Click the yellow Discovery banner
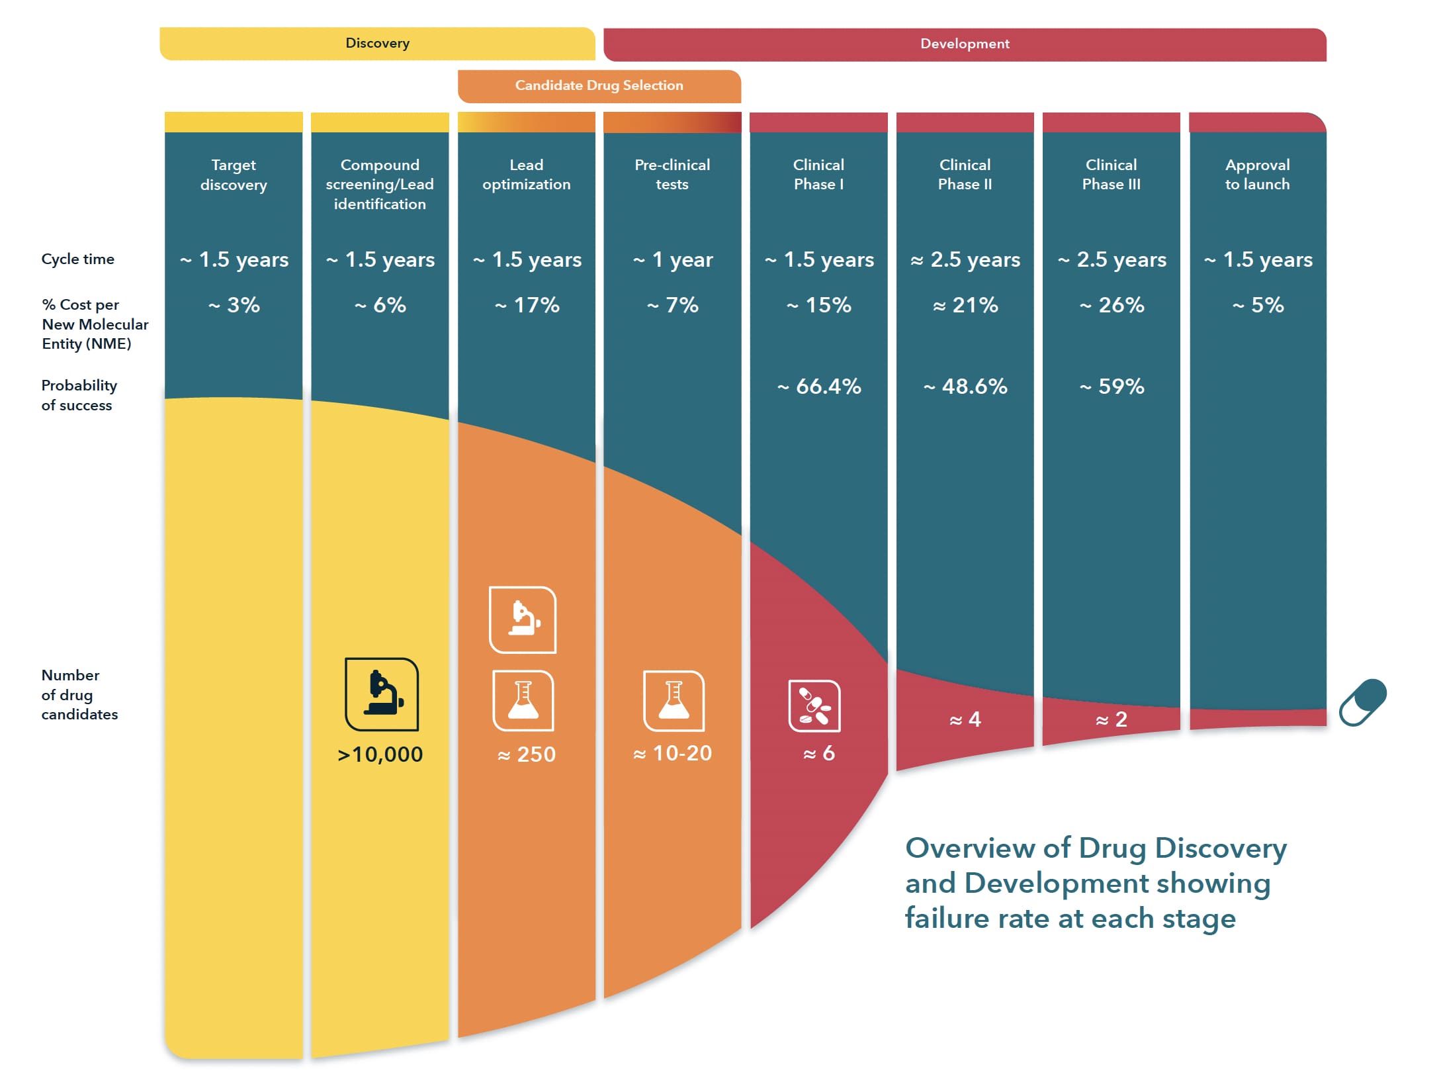point(377,44)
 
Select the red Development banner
point(964,44)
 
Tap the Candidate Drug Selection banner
point(599,86)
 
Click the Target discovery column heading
point(234,175)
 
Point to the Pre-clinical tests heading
point(672,175)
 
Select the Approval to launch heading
point(1257,175)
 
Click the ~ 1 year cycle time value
point(673,259)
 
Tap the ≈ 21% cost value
point(965,305)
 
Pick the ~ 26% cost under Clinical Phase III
point(1112,305)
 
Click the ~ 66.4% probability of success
point(819,387)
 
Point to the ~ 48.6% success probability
point(965,387)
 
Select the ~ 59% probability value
point(1112,387)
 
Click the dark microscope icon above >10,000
point(382,694)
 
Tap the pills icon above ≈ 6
point(814,706)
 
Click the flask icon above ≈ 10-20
point(674,701)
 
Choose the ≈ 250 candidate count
point(527,754)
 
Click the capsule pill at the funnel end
point(1363,702)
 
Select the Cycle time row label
point(78,259)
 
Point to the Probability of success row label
point(79,395)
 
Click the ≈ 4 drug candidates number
point(965,719)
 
